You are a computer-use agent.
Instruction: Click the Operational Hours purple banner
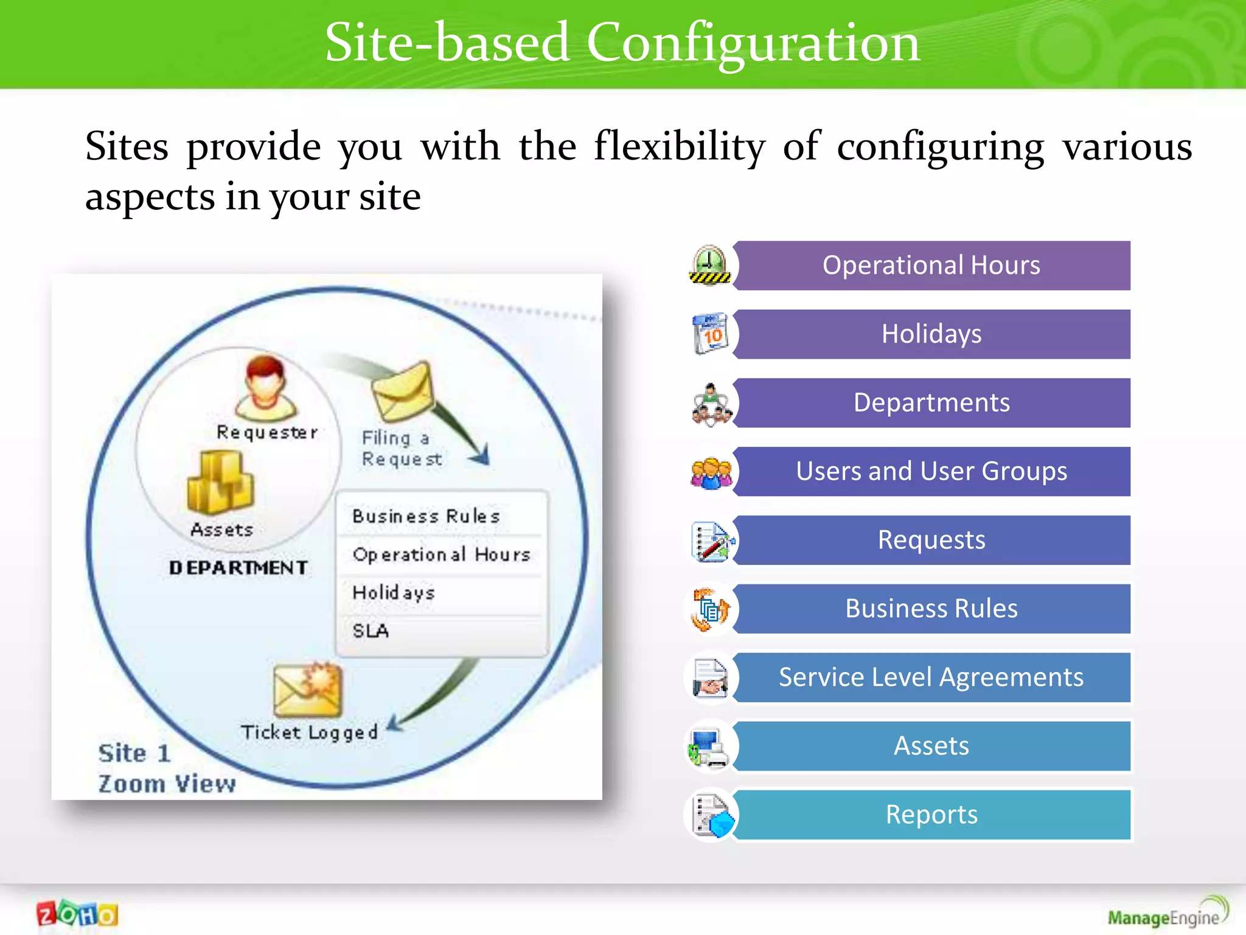[x=931, y=265]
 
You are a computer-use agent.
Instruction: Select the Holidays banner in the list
[x=931, y=334]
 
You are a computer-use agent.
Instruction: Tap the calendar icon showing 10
[x=710, y=334]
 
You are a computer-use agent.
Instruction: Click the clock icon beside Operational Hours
[x=710, y=265]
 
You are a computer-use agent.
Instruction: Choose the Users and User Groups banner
[x=931, y=471]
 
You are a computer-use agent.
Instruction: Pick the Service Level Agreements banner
[x=931, y=678]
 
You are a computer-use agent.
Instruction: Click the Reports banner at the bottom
[x=931, y=814]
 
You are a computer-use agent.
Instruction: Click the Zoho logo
[x=77, y=914]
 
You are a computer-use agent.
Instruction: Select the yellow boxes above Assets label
[x=220, y=483]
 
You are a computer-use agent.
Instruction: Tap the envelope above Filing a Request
[x=403, y=391]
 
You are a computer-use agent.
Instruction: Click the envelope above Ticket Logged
[x=308, y=691]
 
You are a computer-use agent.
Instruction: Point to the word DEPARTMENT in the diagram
[x=238, y=568]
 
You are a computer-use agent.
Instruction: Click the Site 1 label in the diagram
[x=134, y=754]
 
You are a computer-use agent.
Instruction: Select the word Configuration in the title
[x=753, y=43]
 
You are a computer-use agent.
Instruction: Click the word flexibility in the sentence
[x=679, y=147]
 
